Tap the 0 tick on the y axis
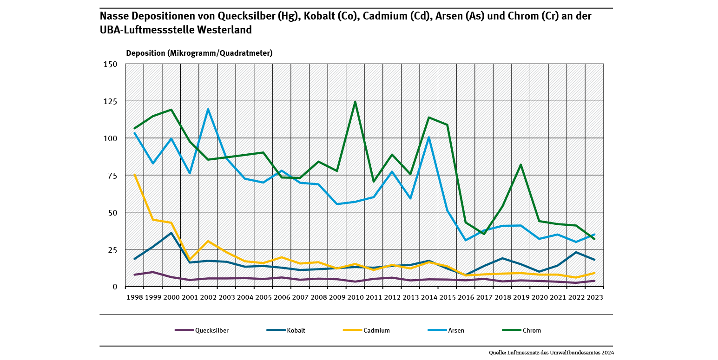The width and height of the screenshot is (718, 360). click(115, 287)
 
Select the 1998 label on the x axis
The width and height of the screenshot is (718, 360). click(134, 297)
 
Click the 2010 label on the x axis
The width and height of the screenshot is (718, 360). click(355, 297)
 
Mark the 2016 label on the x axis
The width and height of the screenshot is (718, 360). click(466, 297)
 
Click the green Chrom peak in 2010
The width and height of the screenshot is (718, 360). click(355, 102)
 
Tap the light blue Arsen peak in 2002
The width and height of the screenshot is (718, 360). click(208, 109)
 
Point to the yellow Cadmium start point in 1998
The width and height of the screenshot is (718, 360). click(134, 175)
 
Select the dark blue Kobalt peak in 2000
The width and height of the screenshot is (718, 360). click(171, 233)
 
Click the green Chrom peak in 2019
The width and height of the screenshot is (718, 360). click(521, 164)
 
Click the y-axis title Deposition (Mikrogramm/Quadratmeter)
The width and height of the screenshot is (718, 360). click(199, 53)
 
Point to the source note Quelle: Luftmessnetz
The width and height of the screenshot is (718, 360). click(551, 353)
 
